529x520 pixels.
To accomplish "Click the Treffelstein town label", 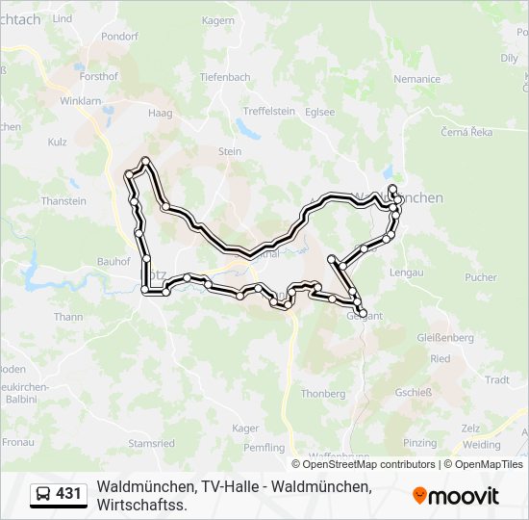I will pyautogui.click(x=268, y=112).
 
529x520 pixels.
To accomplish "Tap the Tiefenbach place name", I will pyautogui.click(x=225, y=77).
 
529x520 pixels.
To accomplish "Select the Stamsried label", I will pyautogui.click(x=151, y=444).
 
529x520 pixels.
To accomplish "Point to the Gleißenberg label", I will pyautogui.click(x=446, y=339).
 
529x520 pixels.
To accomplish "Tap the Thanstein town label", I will pyautogui.click(x=63, y=202).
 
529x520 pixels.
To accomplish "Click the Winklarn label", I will pyautogui.click(x=80, y=100).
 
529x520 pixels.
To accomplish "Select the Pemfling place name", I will pyautogui.click(x=265, y=448).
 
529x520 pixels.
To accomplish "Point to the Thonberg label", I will pyautogui.click(x=323, y=394).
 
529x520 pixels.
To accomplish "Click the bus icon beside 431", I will pyautogui.click(x=43, y=494).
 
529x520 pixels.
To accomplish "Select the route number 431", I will pyautogui.click(x=68, y=494).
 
